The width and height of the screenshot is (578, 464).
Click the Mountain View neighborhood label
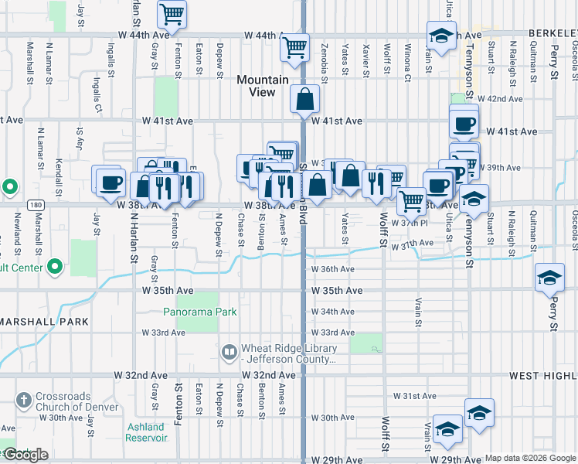(263, 86)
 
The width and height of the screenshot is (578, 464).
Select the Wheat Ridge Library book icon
(229, 353)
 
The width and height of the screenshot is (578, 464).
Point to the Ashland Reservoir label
(146, 432)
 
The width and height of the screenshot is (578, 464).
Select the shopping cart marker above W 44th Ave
(172, 14)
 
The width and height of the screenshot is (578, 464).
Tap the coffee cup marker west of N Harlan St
(108, 182)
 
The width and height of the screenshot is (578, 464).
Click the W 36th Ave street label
(332, 269)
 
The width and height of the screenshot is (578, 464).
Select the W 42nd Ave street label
(499, 99)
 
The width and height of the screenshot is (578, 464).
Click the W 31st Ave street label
(415, 396)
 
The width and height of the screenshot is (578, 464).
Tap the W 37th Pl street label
(410, 223)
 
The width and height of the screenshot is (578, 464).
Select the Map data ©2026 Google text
(530, 458)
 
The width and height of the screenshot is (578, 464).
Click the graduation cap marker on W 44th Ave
(441, 36)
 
